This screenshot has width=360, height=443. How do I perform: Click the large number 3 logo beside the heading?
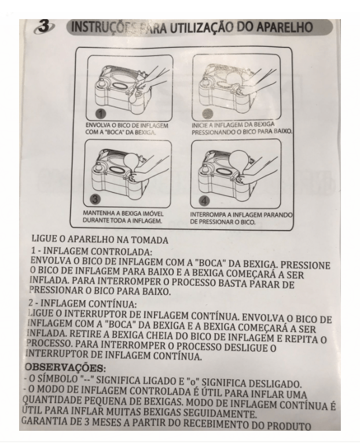pos(43,27)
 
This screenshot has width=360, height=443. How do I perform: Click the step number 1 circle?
pos(100,115)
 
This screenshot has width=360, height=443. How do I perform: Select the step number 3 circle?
pos(95,199)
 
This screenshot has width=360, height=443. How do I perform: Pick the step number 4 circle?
pos(204,201)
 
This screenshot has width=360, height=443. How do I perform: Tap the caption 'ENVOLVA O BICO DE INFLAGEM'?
pos(127,125)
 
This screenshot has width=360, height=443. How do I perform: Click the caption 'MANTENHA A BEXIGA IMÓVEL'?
pos(123,213)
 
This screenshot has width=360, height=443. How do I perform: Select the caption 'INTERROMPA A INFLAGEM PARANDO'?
pos(241,215)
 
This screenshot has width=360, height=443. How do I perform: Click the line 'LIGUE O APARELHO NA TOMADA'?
pos(100,239)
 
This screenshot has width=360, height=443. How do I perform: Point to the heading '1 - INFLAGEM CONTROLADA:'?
pos(91,251)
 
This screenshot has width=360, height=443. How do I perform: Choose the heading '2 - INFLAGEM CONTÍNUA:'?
pos(82,304)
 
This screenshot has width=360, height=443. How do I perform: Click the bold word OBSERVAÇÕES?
pos(64,368)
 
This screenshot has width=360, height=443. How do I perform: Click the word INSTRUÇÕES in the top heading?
pos(104,28)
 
